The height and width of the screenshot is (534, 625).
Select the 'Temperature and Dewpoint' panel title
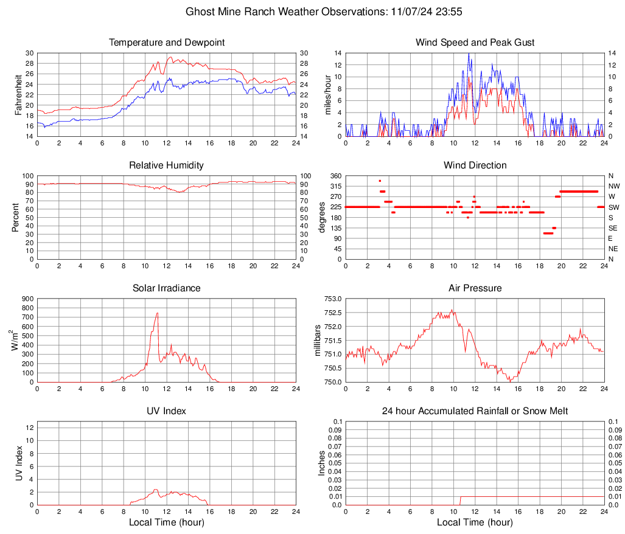167,43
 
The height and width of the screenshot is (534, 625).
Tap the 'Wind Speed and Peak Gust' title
475,43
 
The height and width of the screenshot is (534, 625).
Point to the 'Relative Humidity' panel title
167,165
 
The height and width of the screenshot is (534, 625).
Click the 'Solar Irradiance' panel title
167,288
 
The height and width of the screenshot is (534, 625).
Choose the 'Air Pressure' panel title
475,288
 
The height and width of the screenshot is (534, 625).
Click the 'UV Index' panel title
167,411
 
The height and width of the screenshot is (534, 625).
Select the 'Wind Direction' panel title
475,165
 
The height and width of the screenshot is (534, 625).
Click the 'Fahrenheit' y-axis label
18,95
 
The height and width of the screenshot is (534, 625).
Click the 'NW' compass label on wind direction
614,186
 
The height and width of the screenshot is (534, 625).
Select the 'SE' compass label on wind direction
613,228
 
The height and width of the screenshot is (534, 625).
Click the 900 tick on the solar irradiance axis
27,299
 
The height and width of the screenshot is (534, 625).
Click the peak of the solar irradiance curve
157,313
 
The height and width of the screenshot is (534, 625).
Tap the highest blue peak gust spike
469,54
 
